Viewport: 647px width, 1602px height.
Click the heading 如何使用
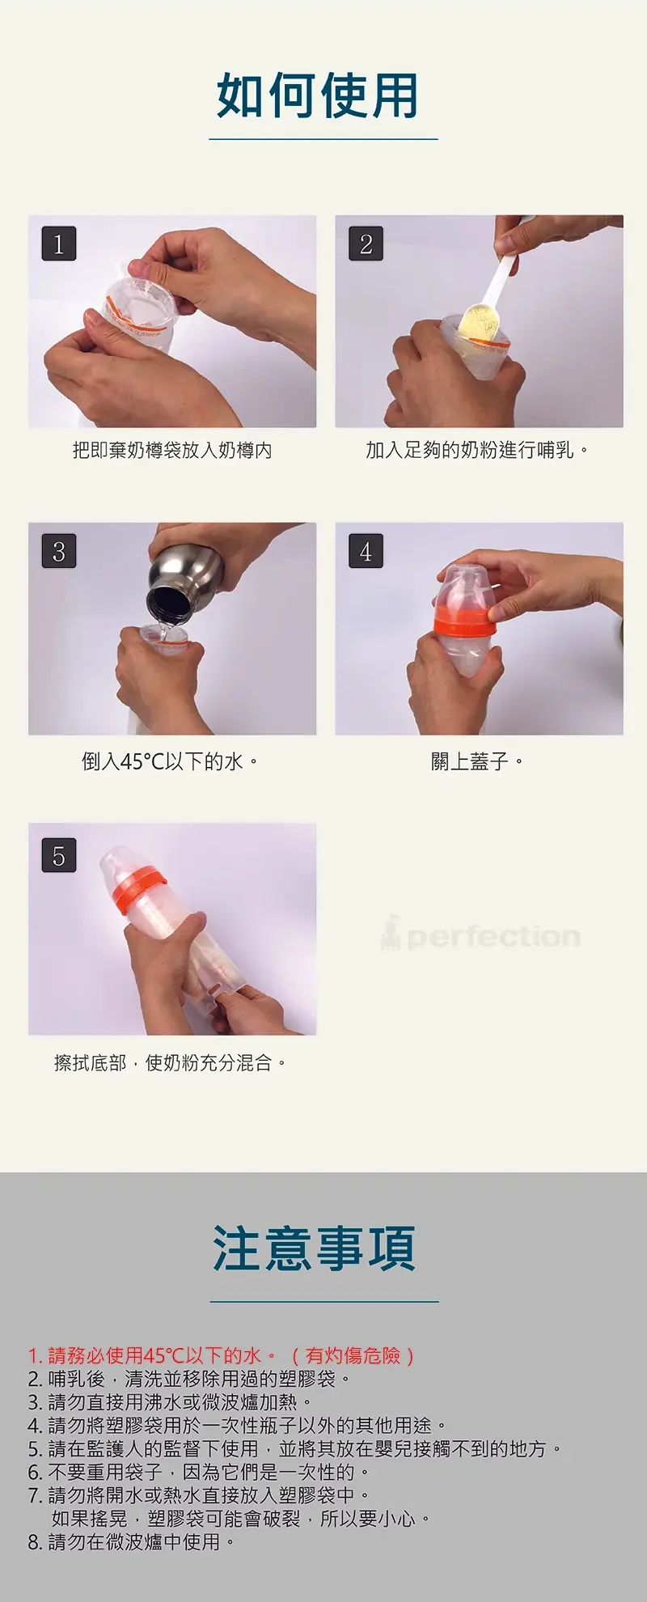pos(317,95)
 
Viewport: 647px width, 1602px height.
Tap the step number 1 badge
pos(58,244)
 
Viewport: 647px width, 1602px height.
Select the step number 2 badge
pos(366,244)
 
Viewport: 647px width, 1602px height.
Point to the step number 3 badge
pos(58,551)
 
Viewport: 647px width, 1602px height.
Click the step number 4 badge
pos(366,551)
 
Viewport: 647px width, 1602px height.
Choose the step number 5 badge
pos(58,855)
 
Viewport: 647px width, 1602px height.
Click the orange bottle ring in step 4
pos(464,622)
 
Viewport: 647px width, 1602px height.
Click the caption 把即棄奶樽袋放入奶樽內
pos(172,451)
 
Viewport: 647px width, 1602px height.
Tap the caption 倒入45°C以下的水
pos(170,761)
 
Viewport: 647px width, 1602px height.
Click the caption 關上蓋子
pos(477,761)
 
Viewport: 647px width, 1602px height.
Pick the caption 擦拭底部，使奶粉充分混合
pos(170,1062)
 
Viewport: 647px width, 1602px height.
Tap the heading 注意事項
pos(314,1248)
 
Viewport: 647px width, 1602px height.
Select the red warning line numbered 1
pos(222,1355)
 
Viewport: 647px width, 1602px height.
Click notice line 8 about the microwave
pos(131,1542)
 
